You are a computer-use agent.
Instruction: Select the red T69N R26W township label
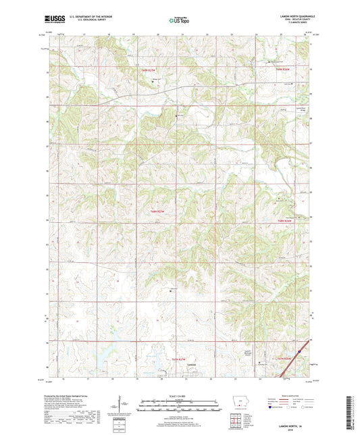click(282, 69)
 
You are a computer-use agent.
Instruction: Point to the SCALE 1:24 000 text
click(179, 395)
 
